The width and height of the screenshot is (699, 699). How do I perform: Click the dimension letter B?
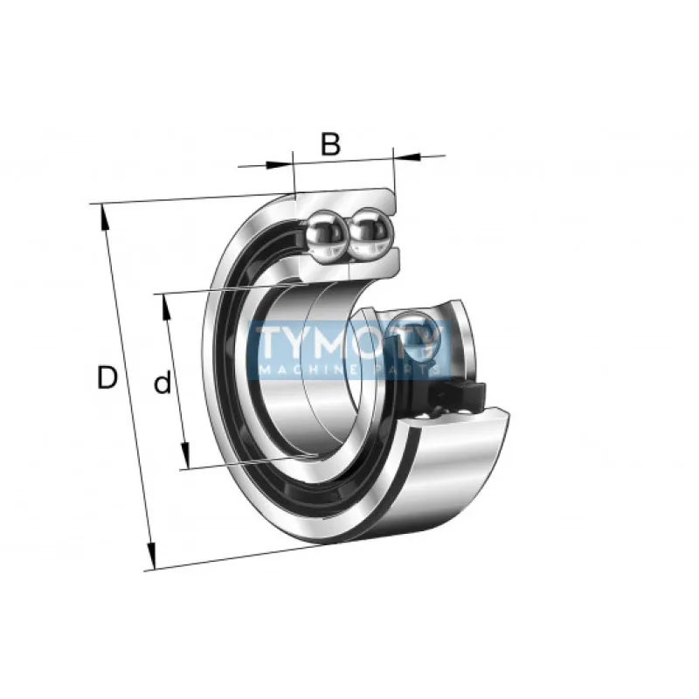(x=331, y=143)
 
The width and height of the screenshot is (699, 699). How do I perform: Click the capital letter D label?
(x=107, y=377)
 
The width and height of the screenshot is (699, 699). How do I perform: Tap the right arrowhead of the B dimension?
(x=406, y=157)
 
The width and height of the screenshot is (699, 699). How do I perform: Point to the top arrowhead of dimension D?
(x=105, y=217)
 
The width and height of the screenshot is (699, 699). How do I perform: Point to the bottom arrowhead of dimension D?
(x=151, y=556)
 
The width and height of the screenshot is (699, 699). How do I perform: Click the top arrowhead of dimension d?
(x=166, y=307)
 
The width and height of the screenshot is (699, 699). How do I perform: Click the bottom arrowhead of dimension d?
(x=185, y=455)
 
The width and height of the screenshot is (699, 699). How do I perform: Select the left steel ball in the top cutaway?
(x=326, y=235)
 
